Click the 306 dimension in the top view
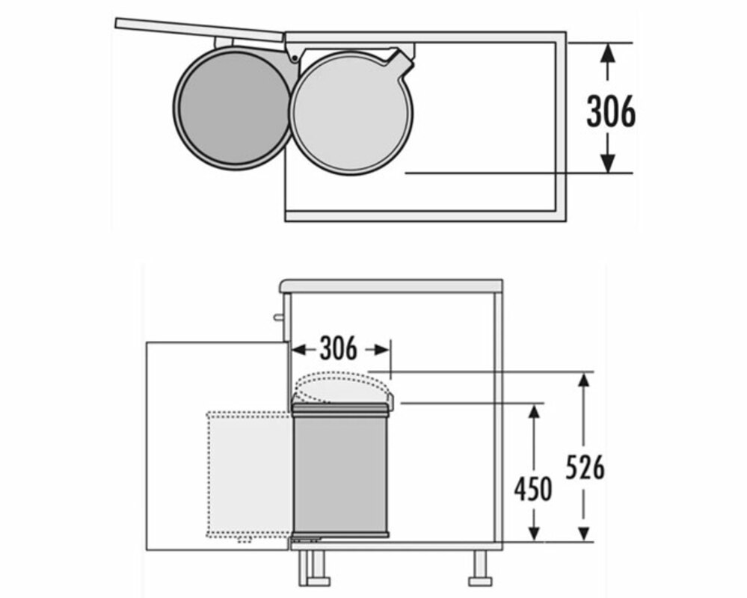pyautogui.click(x=611, y=111)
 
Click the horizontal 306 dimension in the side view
pyautogui.click(x=338, y=348)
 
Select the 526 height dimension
pyautogui.click(x=585, y=467)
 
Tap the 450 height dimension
pyautogui.click(x=533, y=489)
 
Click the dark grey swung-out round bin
pyautogui.click(x=233, y=108)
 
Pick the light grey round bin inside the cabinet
pyautogui.click(x=351, y=112)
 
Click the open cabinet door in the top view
pyautogui.click(x=200, y=28)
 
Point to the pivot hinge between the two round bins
pyautogui.click(x=295, y=58)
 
